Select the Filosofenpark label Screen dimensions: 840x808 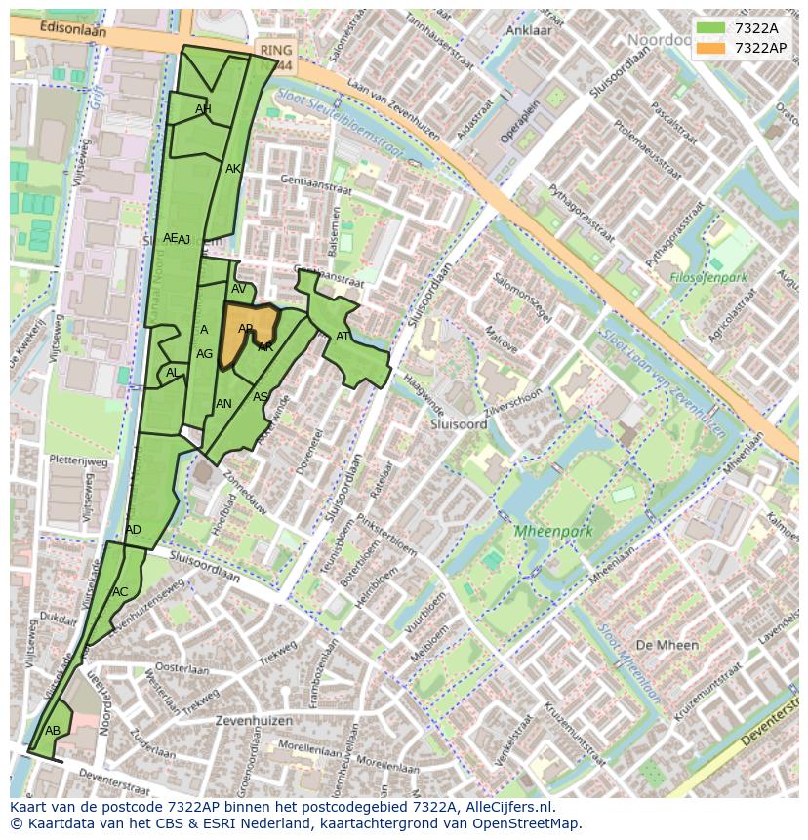click(708, 277)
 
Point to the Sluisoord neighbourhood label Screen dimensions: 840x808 click(459, 424)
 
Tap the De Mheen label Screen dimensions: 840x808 click(667, 645)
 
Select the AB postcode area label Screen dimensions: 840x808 click(53, 730)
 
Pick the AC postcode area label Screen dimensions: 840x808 click(120, 591)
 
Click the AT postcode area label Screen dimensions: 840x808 click(343, 337)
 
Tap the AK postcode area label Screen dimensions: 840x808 click(233, 169)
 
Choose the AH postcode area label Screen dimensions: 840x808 click(203, 109)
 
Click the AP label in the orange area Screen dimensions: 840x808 click(246, 329)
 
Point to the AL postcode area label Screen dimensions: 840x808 click(172, 372)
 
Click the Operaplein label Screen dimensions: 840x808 click(506, 122)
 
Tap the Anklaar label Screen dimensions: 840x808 click(529, 30)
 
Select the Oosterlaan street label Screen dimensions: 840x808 click(182, 669)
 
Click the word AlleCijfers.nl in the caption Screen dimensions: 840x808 click(506, 807)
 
